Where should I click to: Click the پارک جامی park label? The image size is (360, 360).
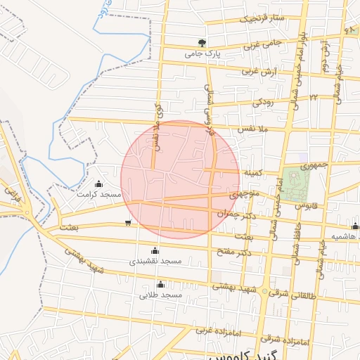point(203,53)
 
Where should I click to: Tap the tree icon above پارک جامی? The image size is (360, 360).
point(203,43)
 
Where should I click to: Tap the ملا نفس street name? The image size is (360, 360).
point(255,130)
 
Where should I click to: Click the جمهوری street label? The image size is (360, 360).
point(314,167)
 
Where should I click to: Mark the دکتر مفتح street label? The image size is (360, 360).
point(233,252)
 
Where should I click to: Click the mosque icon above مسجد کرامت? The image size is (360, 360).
point(98,184)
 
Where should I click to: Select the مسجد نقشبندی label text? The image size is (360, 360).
point(155,261)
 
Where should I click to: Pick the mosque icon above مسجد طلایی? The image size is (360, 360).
point(161,285)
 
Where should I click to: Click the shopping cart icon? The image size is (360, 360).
point(127,224)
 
